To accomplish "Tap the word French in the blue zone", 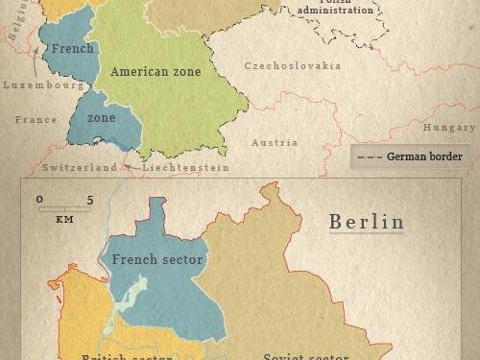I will tap(73, 47).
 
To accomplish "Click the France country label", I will tap(36, 120).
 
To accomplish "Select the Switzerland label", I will tap(80, 167).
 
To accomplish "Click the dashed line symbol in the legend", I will tap(370, 156).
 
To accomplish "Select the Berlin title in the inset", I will tap(367, 222).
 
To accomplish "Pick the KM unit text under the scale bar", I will tap(65, 219).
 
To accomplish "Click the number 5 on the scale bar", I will tap(89, 200).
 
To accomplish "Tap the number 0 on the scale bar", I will tap(40, 200).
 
